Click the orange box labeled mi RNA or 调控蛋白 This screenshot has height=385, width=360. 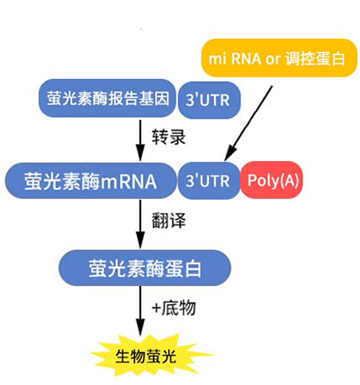coord(279,58)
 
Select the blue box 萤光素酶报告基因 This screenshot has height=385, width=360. coord(107,98)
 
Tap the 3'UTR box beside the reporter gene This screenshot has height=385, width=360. coord(209,100)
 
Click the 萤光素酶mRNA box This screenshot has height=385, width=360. coord(91,181)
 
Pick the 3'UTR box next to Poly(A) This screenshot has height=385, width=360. coord(209,181)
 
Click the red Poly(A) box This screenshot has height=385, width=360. coord(272,180)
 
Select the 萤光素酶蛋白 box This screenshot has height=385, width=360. coord(145,268)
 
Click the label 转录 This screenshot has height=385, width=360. coord(168,137)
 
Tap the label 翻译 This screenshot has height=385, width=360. coord(168,220)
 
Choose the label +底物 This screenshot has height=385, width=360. coord(174,308)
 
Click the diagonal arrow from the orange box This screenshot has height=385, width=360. coord(248,123)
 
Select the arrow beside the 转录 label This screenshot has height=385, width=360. coord(140,140)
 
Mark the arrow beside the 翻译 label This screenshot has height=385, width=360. coord(140,224)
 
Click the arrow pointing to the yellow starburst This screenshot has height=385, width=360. coord(140,311)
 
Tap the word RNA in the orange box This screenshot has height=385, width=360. coord(246,58)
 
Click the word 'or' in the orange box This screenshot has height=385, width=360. coord(273,59)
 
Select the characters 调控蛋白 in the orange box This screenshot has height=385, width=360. coord(315,58)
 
